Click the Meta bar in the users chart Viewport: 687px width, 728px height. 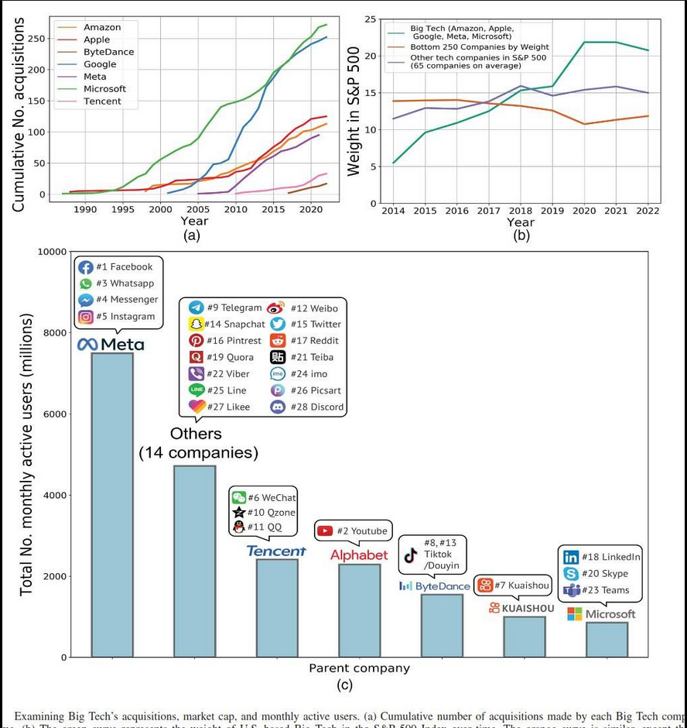click(x=112, y=504)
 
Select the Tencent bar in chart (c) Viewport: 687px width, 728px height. click(x=277, y=607)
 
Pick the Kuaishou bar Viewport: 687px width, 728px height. click(x=524, y=636)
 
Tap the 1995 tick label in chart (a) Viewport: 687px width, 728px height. click(x=122, y=209)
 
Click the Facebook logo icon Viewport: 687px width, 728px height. click(x=85, y=267)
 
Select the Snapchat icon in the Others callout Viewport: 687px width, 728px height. click(x=196, y=324)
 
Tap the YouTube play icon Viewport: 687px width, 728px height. click(x=325, y=531)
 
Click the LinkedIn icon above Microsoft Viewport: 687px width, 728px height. click(x=571, y=557)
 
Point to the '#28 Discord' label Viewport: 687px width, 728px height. click(x=317, y=407)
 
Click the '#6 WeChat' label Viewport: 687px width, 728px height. click(x=272, y=497)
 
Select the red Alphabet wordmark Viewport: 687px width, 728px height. click(x=359, y=555)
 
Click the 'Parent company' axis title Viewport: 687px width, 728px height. click(x=359, y=668)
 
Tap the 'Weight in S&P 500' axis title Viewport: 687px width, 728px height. click(x=354, y=110)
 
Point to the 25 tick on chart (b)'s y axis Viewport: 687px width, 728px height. click(x=371, y=19)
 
